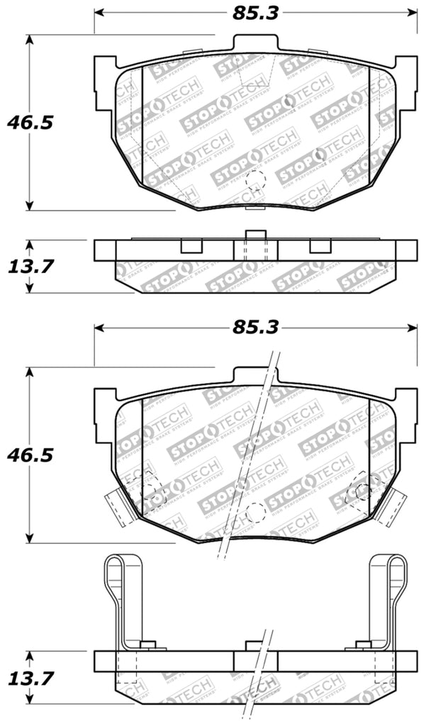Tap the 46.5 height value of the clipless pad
point(30,123)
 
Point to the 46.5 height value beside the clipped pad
point(30,454)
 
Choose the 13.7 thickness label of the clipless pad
point(30,267)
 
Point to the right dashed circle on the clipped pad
point(362,488)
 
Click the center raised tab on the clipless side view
point(254,236)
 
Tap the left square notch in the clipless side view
point(191,246)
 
